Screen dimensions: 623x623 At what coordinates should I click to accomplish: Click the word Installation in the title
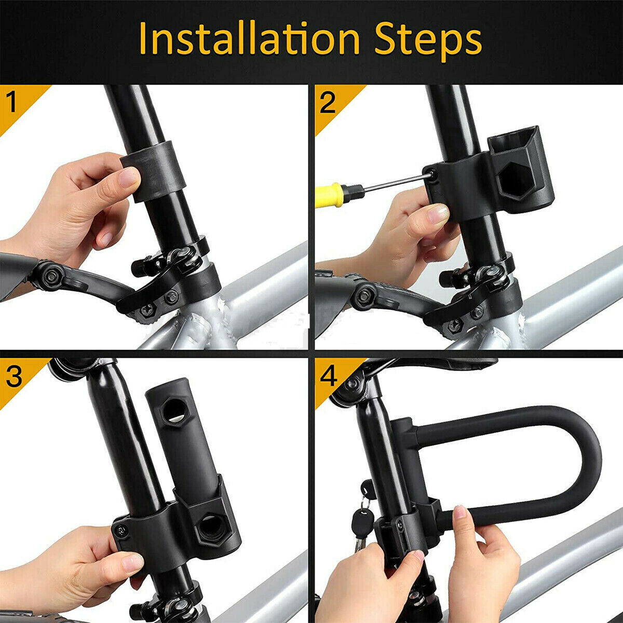click(x=249, y=39)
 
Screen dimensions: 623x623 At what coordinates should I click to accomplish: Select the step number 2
click(x=328, y=102)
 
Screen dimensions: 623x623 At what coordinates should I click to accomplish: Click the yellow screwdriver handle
click(x=332, y=194)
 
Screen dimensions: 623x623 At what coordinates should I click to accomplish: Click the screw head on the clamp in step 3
click(x=120, y=530)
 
